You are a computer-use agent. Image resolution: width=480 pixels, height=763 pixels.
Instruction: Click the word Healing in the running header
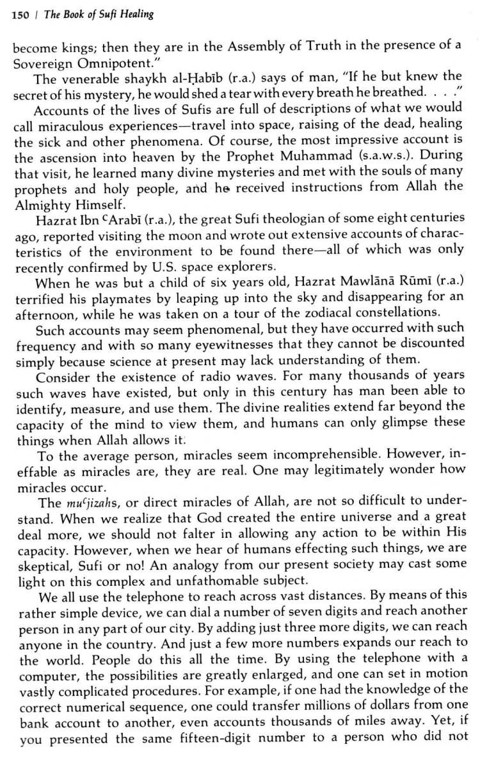coord(138,13)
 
